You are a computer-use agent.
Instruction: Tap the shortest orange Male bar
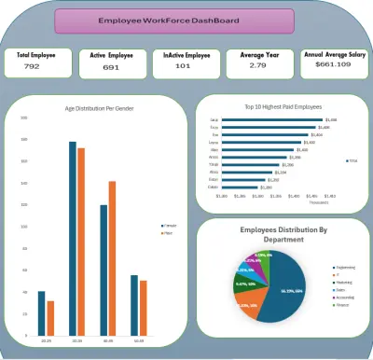(x=50, y=318)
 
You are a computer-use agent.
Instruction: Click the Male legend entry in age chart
(x=172, y=233)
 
